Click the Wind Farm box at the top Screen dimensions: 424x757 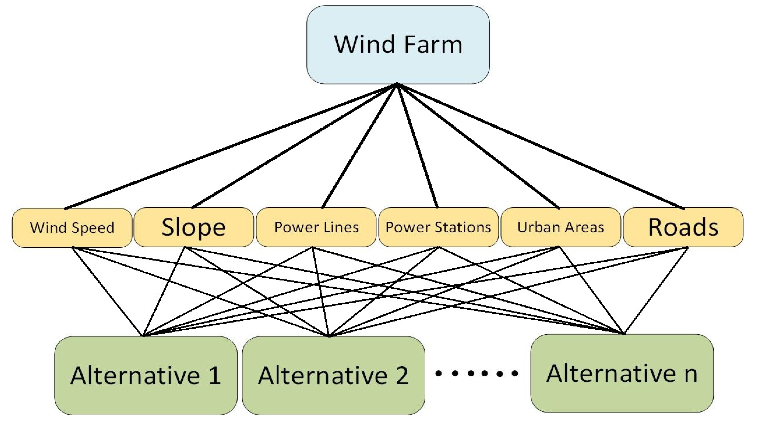tap(398, 45)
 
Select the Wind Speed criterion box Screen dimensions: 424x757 tap(72, 227)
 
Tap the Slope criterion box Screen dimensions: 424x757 tap(194, 227)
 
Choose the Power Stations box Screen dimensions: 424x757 tap(438, 227)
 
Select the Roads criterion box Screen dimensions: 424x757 tap(683, 227)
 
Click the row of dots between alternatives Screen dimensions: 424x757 tap(476, 373)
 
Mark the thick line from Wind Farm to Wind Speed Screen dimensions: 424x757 tap(231, 146)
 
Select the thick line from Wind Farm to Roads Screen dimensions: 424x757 tap(540, 146)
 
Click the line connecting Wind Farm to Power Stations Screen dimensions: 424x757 tap(417, 146)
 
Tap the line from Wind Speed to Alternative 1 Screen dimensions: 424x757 tap(107, 291)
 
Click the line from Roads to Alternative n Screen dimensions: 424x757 tap(656, 291)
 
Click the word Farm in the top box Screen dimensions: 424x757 tap(433, 45)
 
